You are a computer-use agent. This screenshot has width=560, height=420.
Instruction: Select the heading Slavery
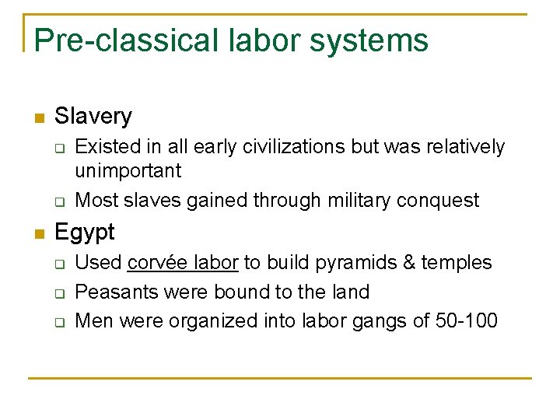(x=93, y=117)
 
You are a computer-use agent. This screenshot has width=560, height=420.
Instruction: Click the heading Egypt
(x=85, y=232)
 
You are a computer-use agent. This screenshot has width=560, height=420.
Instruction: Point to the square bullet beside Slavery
(x=39, y=118)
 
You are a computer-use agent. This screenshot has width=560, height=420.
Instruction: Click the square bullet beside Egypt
(x=39, y=233)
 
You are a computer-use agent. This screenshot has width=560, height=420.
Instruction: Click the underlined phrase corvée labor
(x=183, y=263)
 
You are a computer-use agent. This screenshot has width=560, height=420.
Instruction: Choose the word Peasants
(x=112, y=292)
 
